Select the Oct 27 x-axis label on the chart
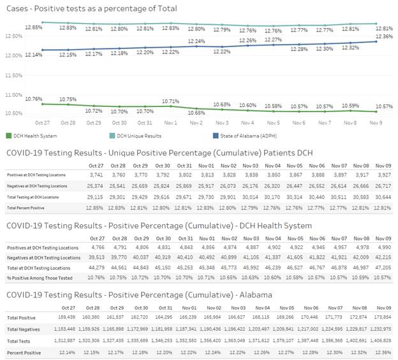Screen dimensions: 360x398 click(43, 122)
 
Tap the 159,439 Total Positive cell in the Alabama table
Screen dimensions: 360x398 click(92, 317)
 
